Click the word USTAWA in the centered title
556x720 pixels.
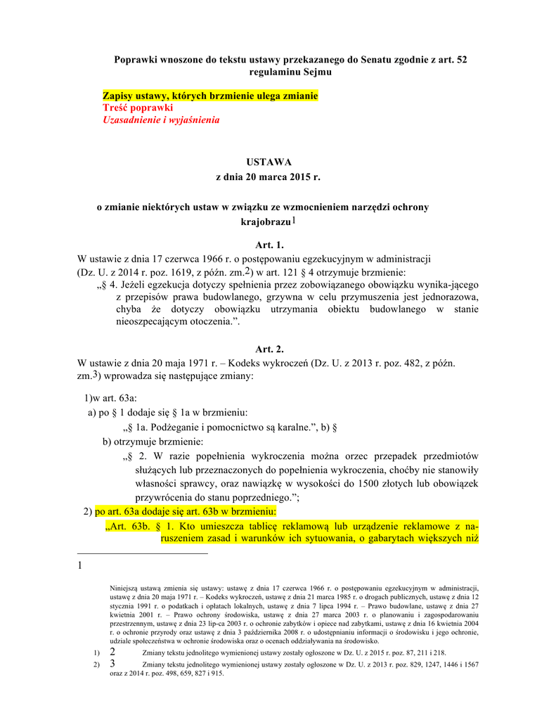point(268,162)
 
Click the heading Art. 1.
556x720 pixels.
point(269,245)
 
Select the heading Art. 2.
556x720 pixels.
point(269,349)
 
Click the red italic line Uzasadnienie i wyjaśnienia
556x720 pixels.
point(161,120)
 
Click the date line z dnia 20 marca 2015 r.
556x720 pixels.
point(268,177)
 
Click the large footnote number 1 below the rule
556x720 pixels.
point(80,565)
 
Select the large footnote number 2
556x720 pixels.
point(112,652)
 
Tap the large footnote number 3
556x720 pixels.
point(112,664)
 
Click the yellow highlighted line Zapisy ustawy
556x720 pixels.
point(210,95)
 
